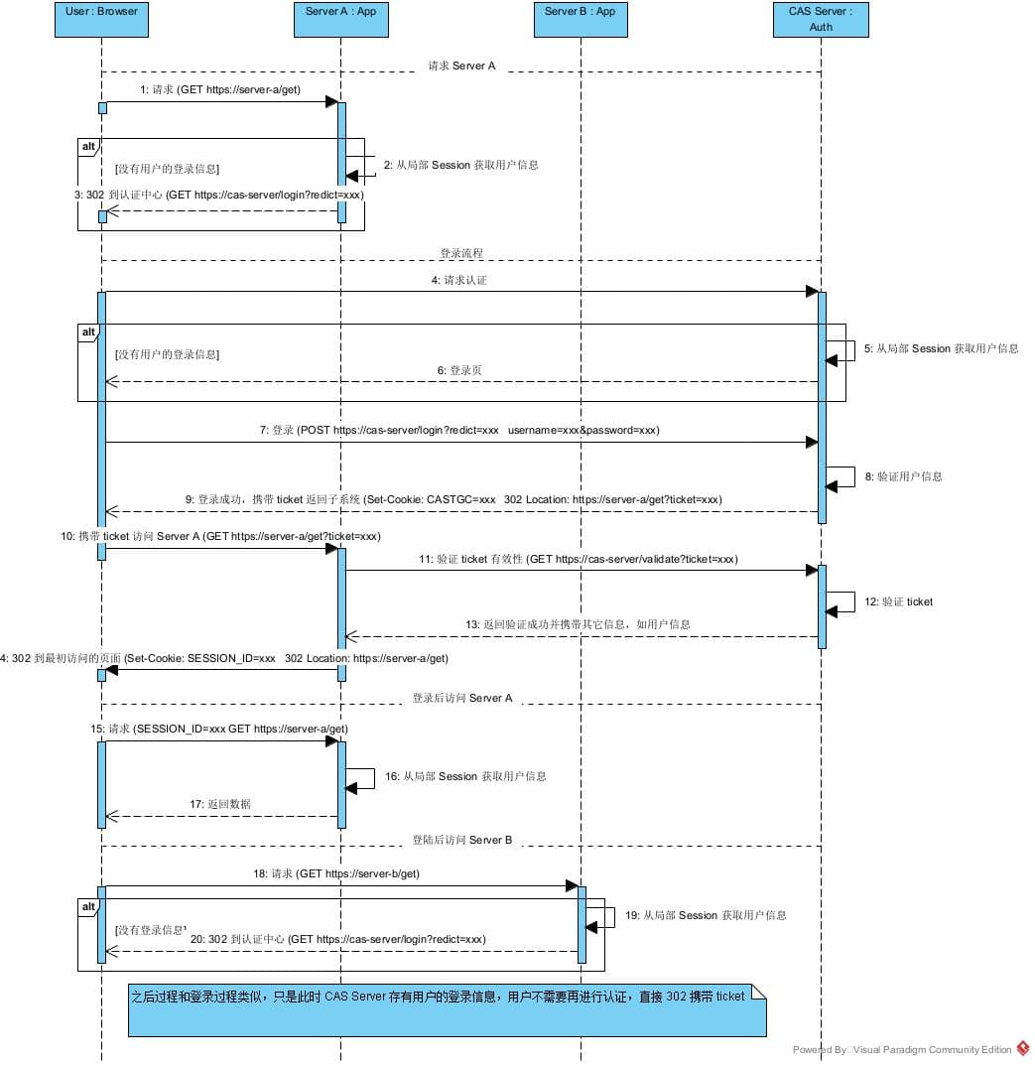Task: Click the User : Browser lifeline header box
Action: (x=101, y=20)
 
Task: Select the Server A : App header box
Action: (x=340, y=20)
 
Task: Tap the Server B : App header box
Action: (x=580, y=20)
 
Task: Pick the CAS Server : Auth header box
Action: (x=821, y=20)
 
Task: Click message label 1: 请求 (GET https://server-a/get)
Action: (x=219, y=89)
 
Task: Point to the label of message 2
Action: (x=460, y=165)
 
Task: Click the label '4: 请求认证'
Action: (x=458, y=281)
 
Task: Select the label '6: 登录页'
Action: (x=459, y=370)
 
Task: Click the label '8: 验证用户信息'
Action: (x=903, y=476)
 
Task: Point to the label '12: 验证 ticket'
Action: (x=898, y=601)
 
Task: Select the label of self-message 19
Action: (x=705, y=915)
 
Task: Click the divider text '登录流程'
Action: (x=461, y=254)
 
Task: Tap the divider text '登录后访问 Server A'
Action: (x=462, y=698)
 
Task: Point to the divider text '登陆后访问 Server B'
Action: (x=462, y=840)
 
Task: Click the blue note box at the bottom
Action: (x=447, y=1010)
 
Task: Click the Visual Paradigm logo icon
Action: (x=1023, y=1048)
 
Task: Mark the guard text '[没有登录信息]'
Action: (x=151, y=930)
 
